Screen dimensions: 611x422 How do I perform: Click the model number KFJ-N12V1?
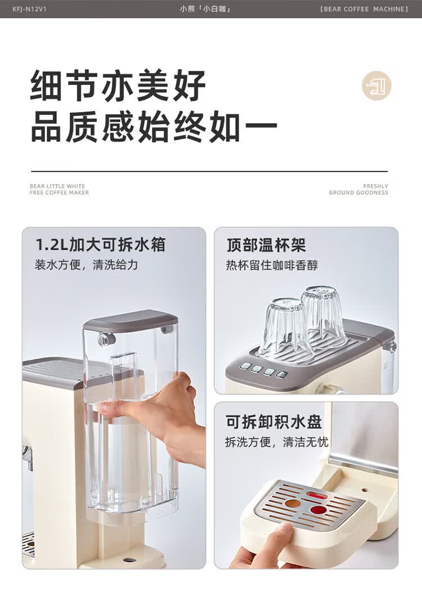(x=29, y=9)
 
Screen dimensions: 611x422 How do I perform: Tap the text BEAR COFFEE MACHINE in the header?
(x=364, y=9)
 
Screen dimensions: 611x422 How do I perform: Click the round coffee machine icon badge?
(x=376, y=86)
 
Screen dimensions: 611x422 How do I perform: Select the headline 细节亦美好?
(x=118, y=86)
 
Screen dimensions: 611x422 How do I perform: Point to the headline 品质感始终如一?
(x=154, y=128)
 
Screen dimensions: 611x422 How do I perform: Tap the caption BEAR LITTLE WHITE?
(x=57, y=186)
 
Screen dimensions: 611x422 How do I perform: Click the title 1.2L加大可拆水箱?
(x=100, y=245)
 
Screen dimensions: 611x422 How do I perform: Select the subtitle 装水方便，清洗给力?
(x=86, y=264)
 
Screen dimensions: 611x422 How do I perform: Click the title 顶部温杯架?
(x=266, y=245)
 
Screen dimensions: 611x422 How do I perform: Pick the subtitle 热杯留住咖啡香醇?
(x=272, y=265)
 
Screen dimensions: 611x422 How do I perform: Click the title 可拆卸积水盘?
(x=273, y=422)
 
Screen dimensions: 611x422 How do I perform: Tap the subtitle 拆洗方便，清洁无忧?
(x=276, y=442)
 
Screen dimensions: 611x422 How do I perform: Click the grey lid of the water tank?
(x=130, y=320)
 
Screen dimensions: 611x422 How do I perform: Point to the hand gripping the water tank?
(x=163, y=411)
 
